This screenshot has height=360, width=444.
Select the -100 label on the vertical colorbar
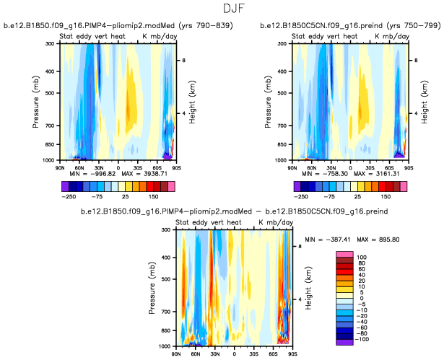pos(361,338)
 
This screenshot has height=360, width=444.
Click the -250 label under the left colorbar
pos(69,195)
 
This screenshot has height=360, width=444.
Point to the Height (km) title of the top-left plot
pos(193,101)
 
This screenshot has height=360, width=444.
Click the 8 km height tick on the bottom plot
pos(300,246)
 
